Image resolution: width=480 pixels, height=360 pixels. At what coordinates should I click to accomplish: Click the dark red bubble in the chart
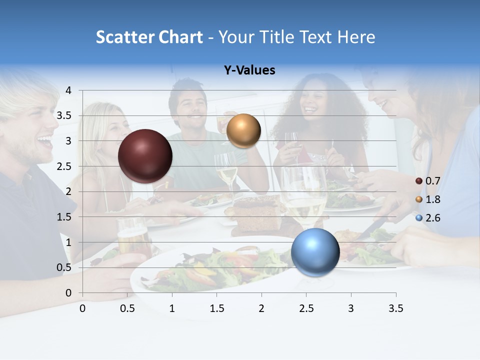tap(145, 156)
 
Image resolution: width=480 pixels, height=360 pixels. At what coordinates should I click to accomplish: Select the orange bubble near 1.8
tap(243, 131)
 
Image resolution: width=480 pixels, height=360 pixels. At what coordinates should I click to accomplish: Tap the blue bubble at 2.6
tap(315, 252)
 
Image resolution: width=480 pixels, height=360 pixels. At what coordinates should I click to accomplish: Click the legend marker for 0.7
tap(419, 181)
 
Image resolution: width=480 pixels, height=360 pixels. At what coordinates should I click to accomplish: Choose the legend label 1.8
tap(432, 199)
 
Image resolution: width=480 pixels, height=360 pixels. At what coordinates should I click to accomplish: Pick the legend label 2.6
tap(432, 218)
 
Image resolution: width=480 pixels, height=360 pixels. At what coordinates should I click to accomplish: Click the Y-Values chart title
tap(249, 70)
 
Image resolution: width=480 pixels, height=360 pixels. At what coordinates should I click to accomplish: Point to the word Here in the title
tap(355, 37)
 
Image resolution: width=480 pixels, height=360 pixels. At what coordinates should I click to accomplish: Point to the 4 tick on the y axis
tap(68, 90)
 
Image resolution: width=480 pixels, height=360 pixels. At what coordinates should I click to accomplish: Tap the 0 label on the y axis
tap(68, 293)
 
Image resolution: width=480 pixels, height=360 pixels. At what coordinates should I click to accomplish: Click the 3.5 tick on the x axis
tap(395, 308)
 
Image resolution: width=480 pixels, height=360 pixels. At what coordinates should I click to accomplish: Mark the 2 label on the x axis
tap(261, 308)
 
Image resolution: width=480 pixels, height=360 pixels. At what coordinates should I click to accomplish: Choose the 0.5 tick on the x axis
tap(127, 308)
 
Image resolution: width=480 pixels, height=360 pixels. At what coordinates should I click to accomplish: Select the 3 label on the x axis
tap(351, 308)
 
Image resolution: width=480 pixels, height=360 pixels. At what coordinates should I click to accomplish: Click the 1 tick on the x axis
tap(172, 308)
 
